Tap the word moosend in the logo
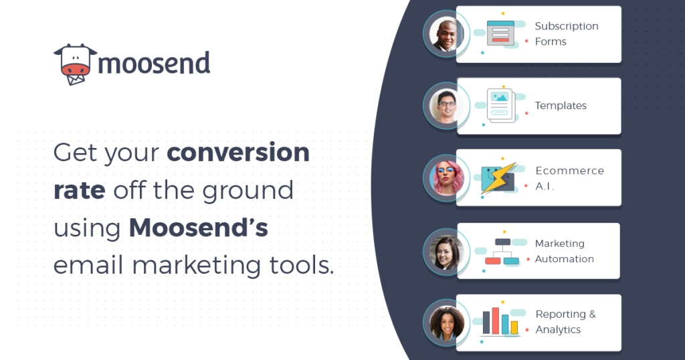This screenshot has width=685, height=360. click(x=155, y=63)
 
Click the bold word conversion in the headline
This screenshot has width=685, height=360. click(x=238, y=153)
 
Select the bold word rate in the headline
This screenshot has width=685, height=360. click(x=80, y=191)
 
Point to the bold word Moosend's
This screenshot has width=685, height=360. click(x=198, y=228)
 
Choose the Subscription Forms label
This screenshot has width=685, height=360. click(x=567, y=33)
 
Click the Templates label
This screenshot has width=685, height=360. click(x=561, y=106)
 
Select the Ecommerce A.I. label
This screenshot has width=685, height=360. click(x=570, y=178)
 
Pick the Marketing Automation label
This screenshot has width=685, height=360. click(x=565, y=251)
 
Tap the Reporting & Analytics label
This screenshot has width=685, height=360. click(x=565, y=322)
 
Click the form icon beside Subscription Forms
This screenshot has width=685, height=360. click(x=500, y=33)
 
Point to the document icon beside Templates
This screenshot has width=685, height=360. click(x=501, y=105)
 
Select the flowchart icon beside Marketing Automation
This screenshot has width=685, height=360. click(x=502, y=251)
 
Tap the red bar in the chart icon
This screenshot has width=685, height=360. click(x=496, y=321)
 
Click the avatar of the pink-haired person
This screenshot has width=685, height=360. click(x=446, y=178)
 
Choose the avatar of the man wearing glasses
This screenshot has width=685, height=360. click(x=446, y=106)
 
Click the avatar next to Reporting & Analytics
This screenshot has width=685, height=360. click(x=446, y=323)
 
